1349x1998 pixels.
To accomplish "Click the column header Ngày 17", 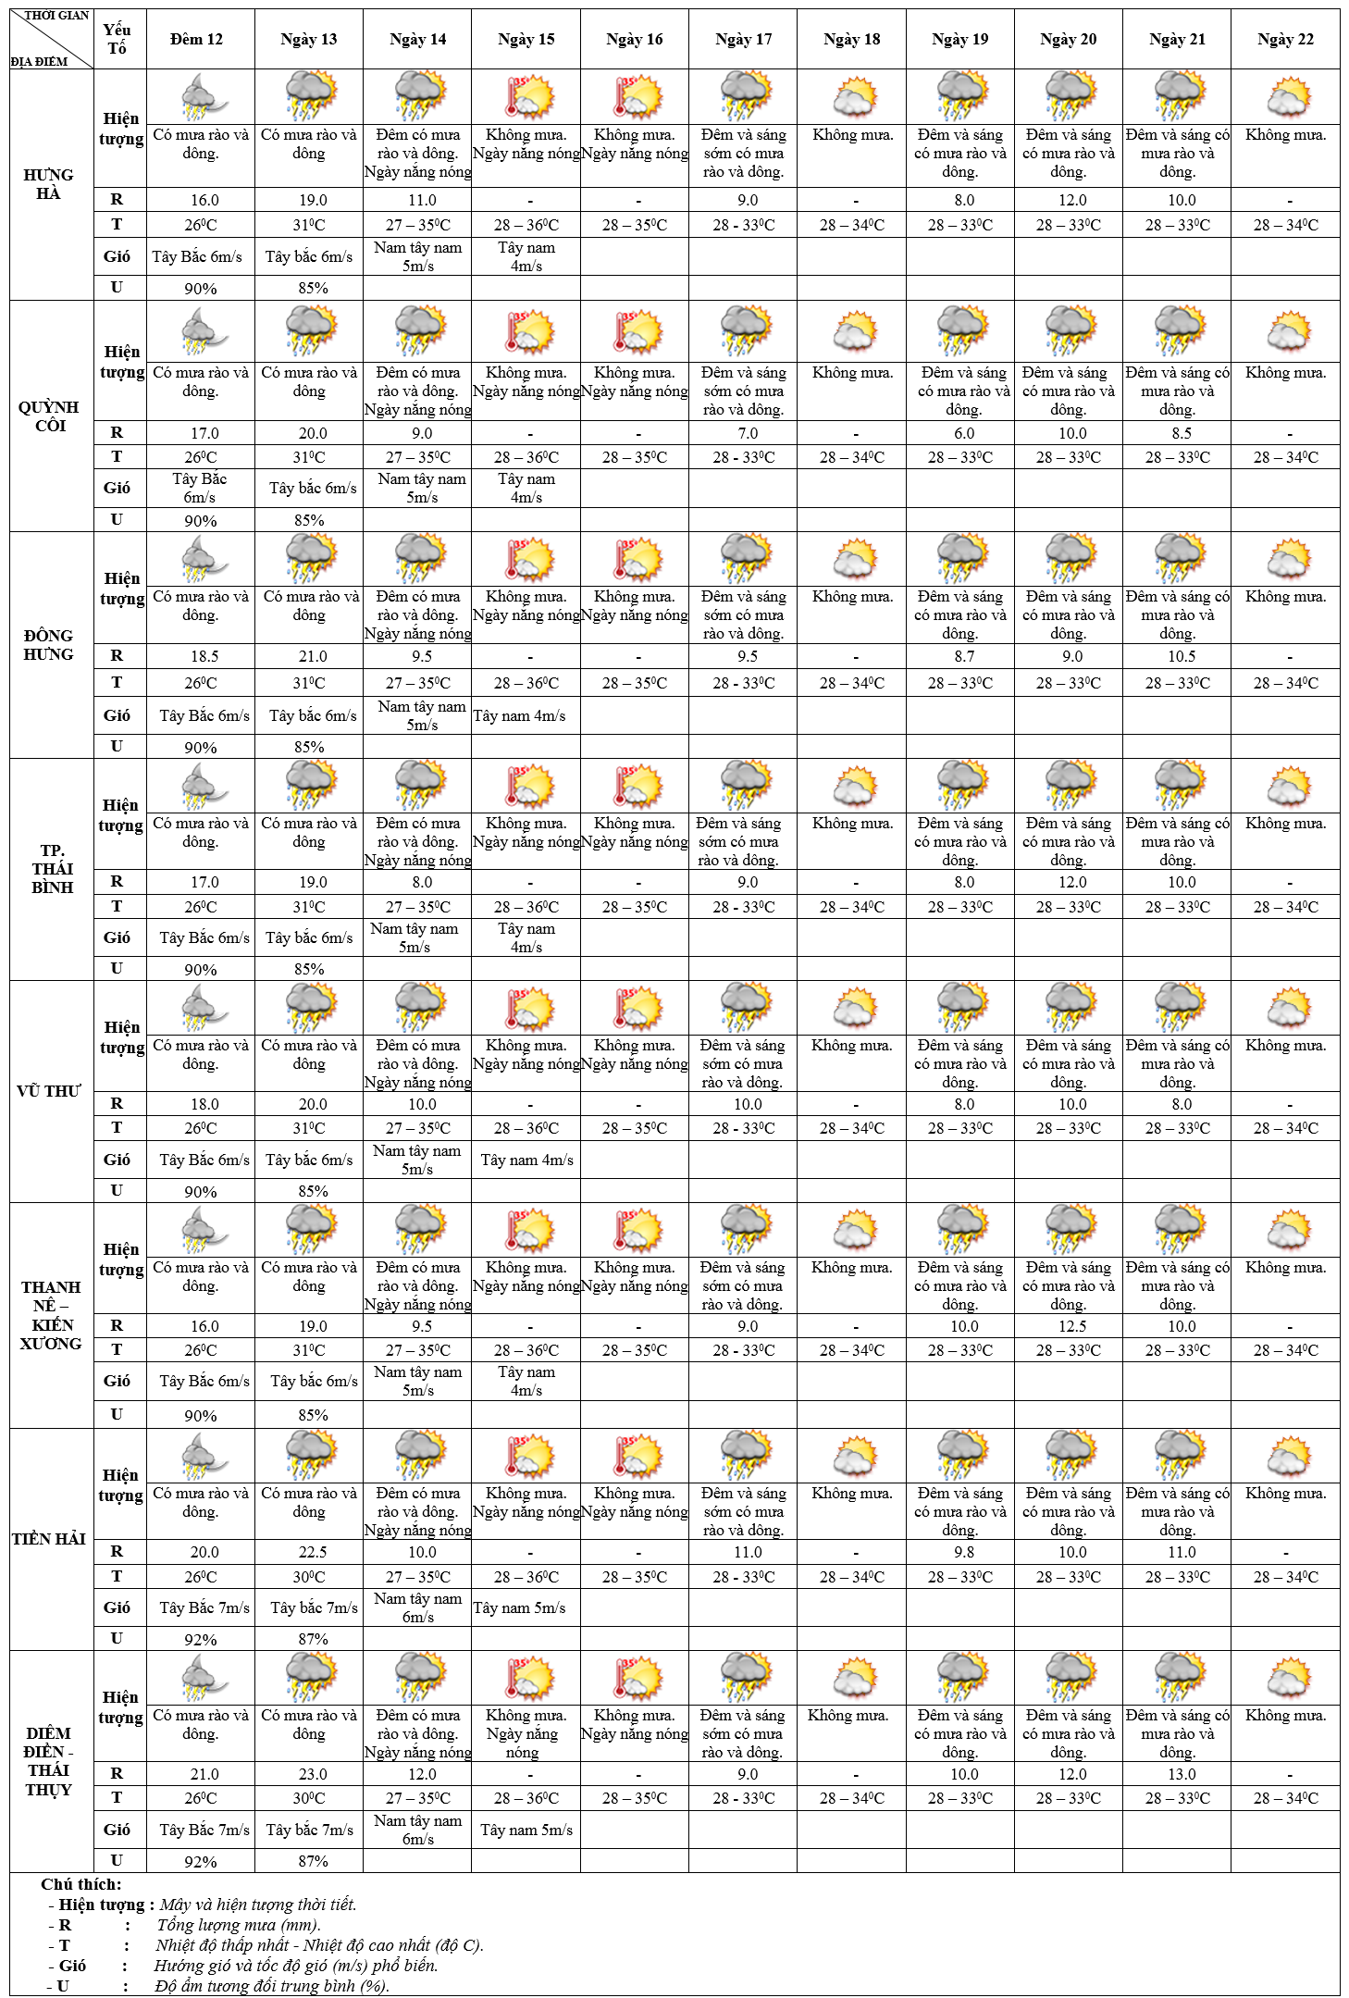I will tap(743, 39).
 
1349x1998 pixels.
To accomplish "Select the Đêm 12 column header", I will tap(196, 39).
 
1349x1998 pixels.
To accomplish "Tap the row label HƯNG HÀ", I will tap(48, 184).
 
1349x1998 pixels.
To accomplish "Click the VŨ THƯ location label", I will tap(49, 1091).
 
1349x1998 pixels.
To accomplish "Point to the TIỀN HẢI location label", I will tap(49, 1539).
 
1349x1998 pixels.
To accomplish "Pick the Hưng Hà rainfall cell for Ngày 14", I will tap(422, 200).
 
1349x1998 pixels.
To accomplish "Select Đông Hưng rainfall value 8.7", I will tap(964, 656).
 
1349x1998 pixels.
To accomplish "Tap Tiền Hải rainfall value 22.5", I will tap(313, 1552).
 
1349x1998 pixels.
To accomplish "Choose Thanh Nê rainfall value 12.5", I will tap(1072, 1326).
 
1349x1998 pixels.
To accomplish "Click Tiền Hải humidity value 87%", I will tap(313, 1639).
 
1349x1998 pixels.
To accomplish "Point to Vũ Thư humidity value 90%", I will tap(200, 1192).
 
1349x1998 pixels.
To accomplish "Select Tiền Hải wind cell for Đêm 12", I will tap(204, 1607).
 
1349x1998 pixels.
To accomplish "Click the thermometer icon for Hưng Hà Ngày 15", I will tap(526, 97).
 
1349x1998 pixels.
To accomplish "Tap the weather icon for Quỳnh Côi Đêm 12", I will tap(202, 331).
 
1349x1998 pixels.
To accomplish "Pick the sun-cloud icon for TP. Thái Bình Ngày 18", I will tap(854, 786).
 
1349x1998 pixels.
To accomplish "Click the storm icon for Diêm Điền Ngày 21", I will tap(1179, 1679).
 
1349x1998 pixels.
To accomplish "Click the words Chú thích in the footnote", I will tap(81, 1884).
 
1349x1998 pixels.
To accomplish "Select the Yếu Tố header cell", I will tap(117, 39).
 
